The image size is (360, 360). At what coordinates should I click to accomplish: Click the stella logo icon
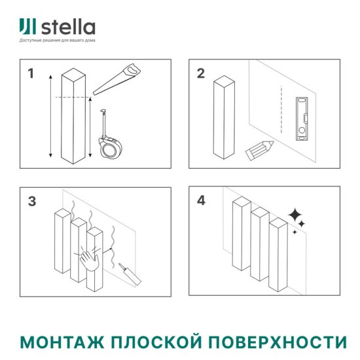click(27, 27)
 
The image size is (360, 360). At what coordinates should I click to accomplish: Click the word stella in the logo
click(69, 27)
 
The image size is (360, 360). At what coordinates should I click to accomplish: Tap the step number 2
click(201, 73)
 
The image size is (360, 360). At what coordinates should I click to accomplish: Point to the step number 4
click(201, 201)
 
